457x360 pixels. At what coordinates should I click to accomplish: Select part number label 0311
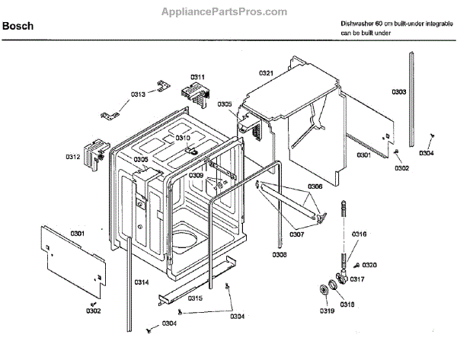(x=198, y=78)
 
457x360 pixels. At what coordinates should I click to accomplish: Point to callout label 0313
(x=138, y=94)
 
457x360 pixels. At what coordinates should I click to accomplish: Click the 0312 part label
(x=72, y=157)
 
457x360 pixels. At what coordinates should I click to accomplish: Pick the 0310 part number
(x=183, y=138)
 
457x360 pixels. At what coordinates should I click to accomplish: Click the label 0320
(x=369, y=264)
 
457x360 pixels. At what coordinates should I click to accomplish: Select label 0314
(x=142, y=282)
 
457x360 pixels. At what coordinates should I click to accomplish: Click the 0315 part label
(x=195, y=298)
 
